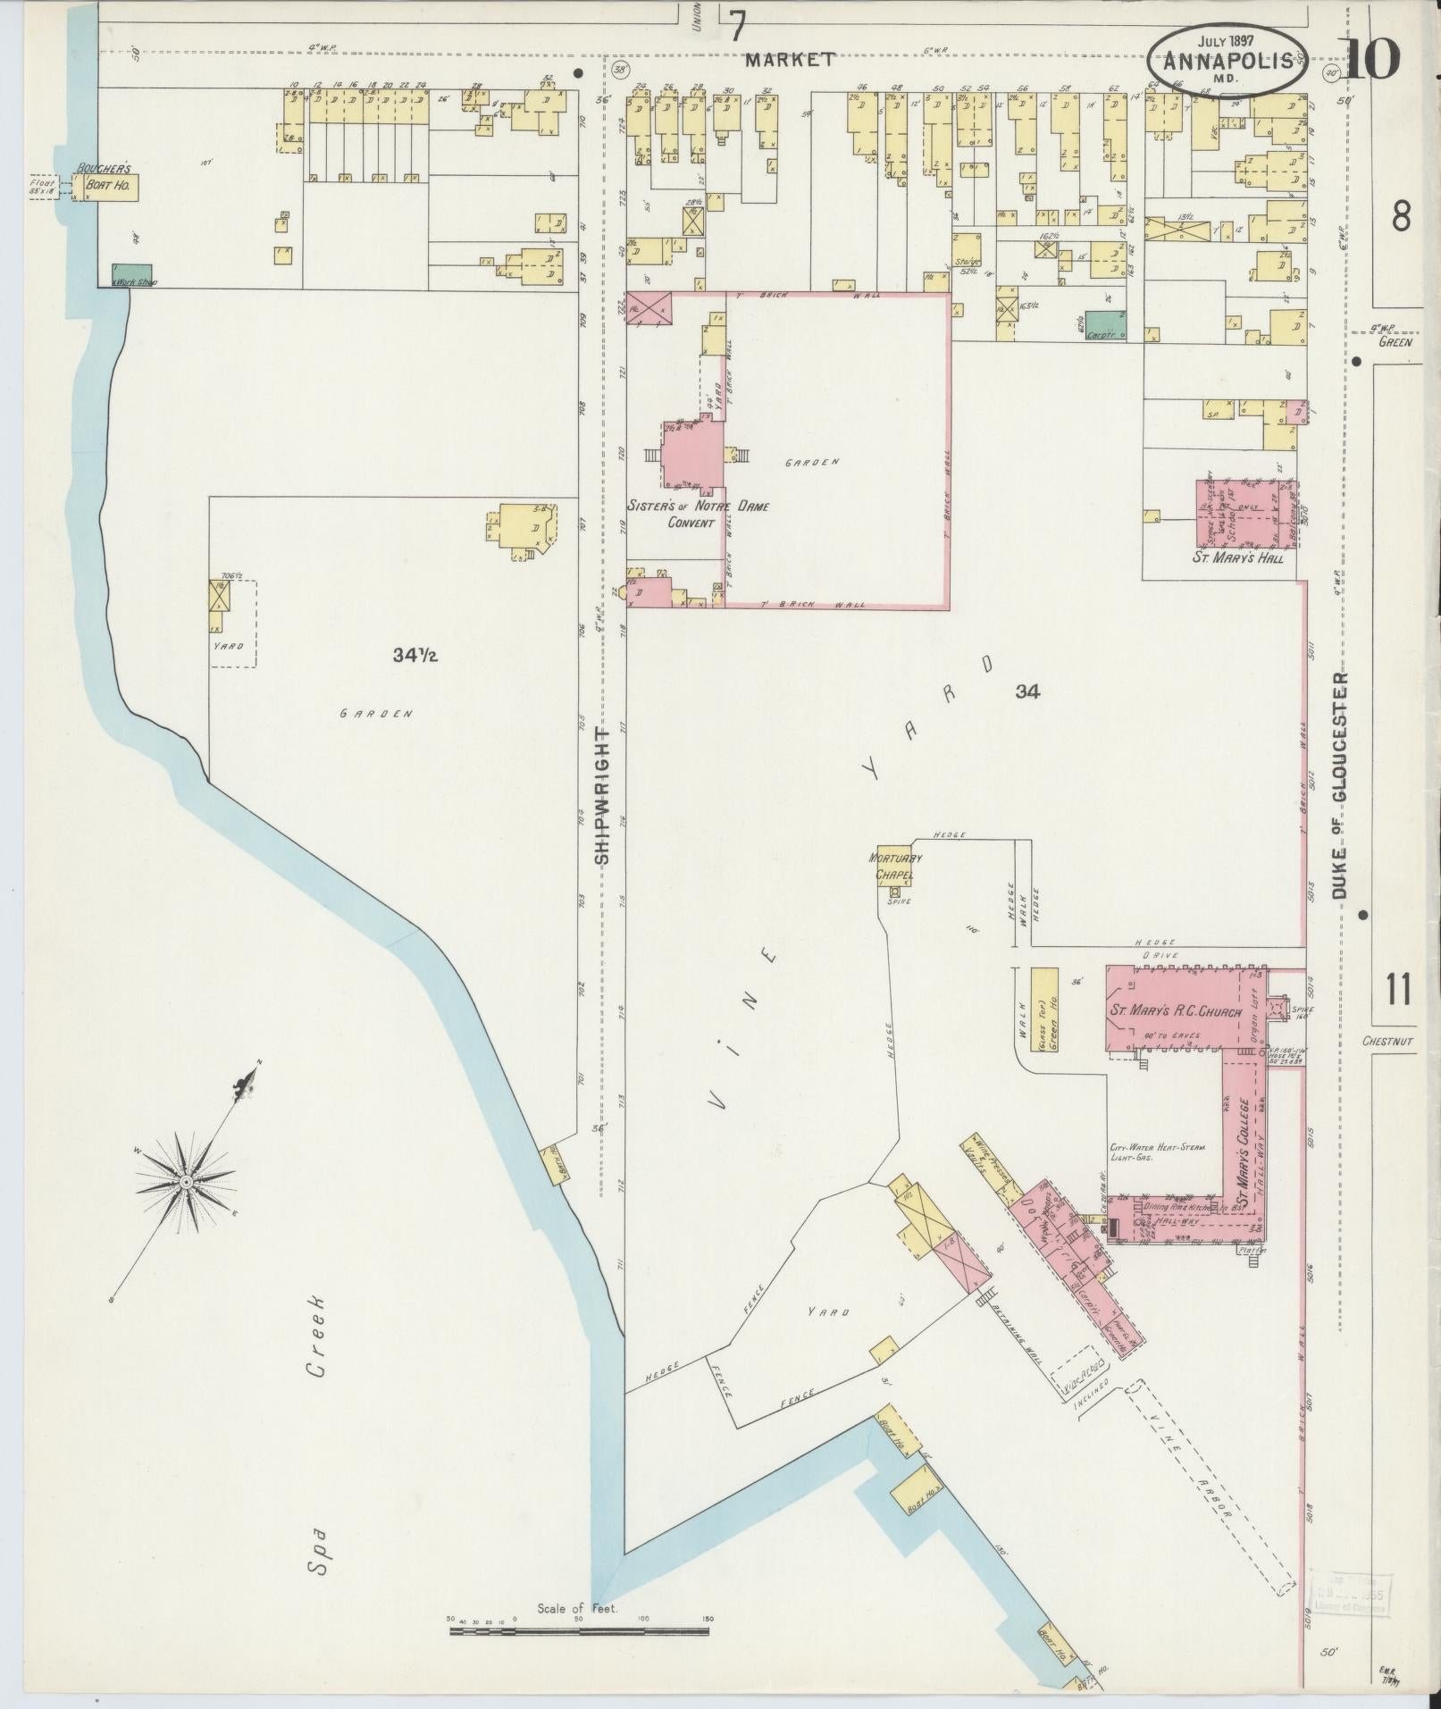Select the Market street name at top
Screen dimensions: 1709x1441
pyautogui.click(x=790, y=60)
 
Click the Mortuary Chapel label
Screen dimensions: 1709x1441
pyautogui.click(x=895, y=866)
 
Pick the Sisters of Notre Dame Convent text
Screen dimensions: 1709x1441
pyautogui.click(x=697, y=514)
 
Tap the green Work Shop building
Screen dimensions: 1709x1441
pyautogui.click(x=131, y=275)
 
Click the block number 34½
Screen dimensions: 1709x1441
pyautogui.click(x=415, y=656)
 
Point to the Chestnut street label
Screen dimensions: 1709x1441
pyautogui.click(x=1387, y=1041)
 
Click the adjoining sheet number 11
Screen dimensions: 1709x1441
pyautogui.click(x=1399, y=989)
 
